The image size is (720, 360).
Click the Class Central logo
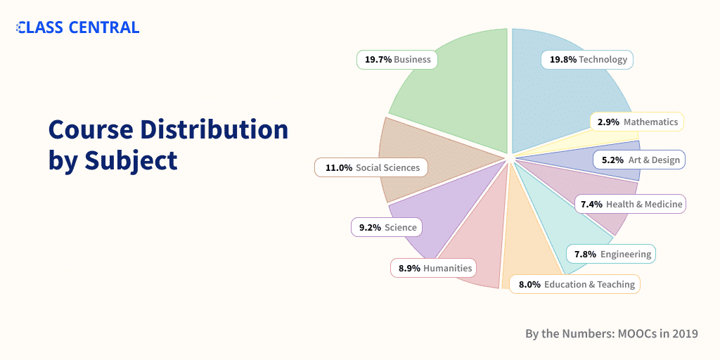pos(78,27)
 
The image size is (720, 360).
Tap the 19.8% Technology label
pos(587,60)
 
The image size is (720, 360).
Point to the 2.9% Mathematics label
pos(637,122)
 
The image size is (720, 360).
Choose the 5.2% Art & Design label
pos(639,160)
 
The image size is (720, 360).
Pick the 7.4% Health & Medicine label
pos(629,204)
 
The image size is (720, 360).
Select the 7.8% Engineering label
pos(611,254)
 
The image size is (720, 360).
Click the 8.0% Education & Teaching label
pos(575,284)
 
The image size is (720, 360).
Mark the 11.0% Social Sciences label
pos(371,167)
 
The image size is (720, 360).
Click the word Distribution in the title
pos(214,129)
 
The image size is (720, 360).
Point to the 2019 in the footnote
pos(683,333)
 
